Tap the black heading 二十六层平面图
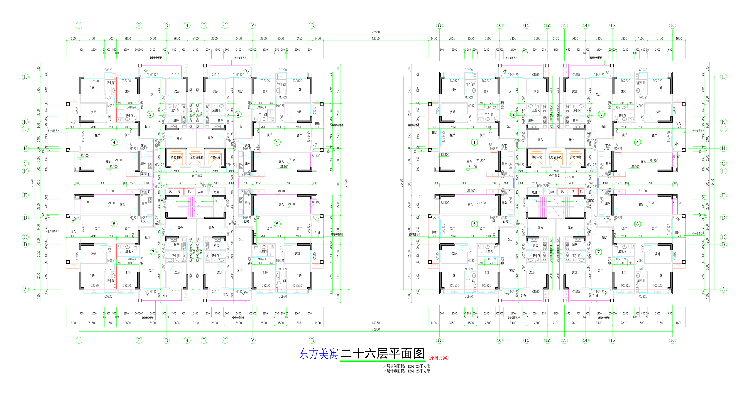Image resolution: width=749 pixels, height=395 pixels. [x=382, y=353]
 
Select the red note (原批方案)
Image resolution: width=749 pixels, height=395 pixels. [x=439, y=358]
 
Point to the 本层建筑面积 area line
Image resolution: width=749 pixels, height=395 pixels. [x=406, y=366]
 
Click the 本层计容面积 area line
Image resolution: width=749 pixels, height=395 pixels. [x=406, y=371]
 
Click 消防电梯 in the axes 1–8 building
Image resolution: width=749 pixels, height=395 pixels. [x=176, y=157]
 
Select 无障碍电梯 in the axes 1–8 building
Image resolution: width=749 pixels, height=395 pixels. [x=197, y=157]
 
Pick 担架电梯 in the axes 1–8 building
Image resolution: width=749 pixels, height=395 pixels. [x=215, y=157]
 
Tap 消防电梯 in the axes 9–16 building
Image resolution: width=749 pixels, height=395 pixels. [x=575, y=157]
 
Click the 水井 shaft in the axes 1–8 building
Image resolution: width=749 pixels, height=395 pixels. [x=200, y=192]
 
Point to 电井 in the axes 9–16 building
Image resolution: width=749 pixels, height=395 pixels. [x=535, y=192]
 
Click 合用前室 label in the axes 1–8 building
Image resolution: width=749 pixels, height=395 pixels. [x=197, y=176]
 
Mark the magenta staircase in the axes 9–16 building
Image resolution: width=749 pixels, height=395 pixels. [x=556, y=207]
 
